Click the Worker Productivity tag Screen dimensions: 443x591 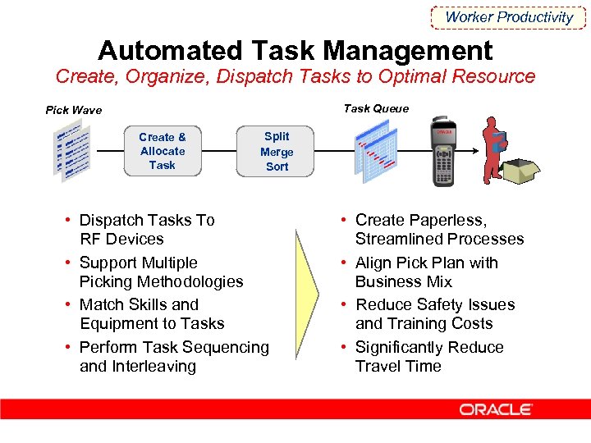509,16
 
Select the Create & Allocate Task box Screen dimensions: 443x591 163,151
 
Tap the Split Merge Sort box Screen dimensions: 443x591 277,151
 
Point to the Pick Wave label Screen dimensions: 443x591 74,110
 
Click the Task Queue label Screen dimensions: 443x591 376,108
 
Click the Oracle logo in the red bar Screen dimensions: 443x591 496,409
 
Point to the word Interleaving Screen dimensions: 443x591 156,366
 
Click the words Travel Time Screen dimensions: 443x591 398,366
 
